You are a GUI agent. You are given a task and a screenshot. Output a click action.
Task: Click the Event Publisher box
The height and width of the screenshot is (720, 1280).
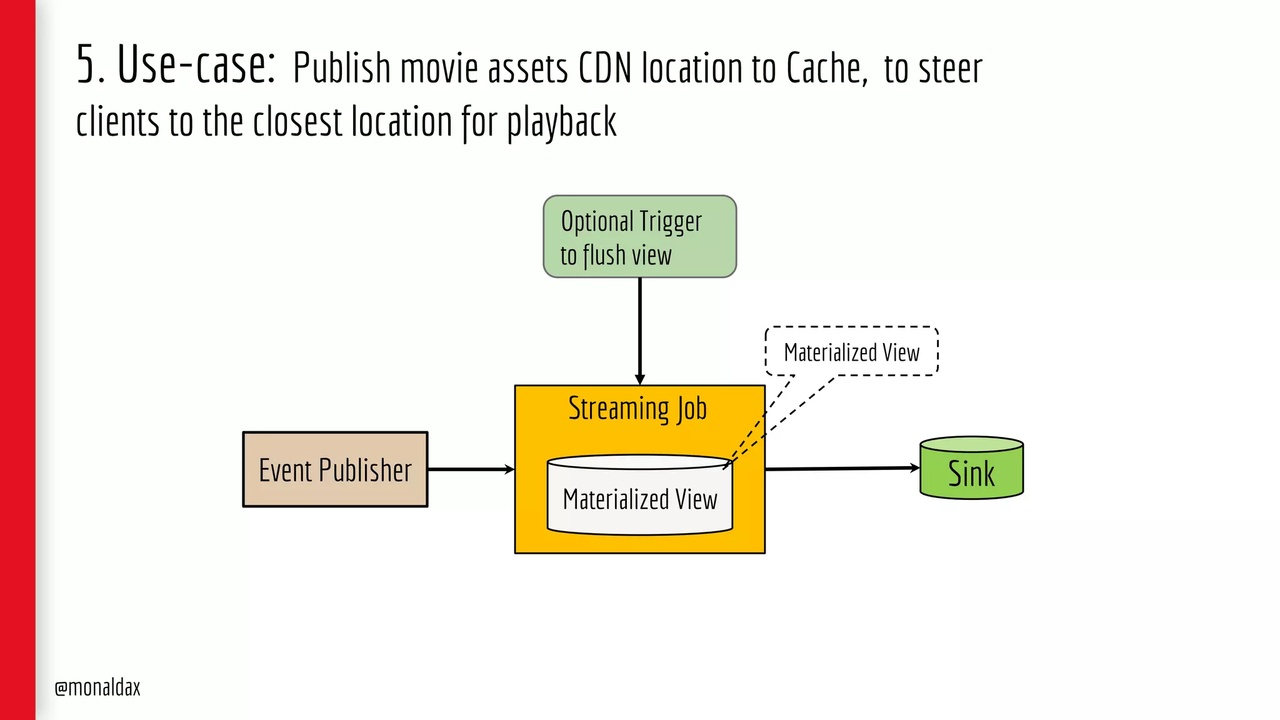pyautogui.click(x=335, y=469)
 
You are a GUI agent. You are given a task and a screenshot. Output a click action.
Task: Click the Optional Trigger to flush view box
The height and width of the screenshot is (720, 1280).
pyautogui.click(x=639, y=237)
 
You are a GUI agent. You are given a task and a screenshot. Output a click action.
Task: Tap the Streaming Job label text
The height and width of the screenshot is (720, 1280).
pyautogui.click(x=637, y=409)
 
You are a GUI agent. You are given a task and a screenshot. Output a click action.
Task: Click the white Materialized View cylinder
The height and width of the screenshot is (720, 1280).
pyautogui.click(x=639, y=497)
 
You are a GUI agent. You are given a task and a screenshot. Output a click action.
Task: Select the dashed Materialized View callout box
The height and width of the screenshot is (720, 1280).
pyautogui.click(x=851, y=352)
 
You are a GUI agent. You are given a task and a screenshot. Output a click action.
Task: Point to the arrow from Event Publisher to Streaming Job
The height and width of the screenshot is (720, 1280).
pyautogui.click(x=470, y=469)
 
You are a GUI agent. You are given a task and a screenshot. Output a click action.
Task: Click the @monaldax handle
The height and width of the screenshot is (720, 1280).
pyautogui.click(x=97, y=687)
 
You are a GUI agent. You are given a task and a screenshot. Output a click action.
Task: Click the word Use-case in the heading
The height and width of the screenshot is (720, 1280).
pyautogui.click(x=196, y=65)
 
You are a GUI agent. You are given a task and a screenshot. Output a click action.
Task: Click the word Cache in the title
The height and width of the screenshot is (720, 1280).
pyautogui.click(x=825, y=69)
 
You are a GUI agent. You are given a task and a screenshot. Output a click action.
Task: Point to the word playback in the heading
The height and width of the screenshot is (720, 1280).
pyautogui.click(x=561, y=122)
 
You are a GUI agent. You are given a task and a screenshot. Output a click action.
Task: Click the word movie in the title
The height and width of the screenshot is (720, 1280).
pyautogui.click(x=439, y=69)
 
